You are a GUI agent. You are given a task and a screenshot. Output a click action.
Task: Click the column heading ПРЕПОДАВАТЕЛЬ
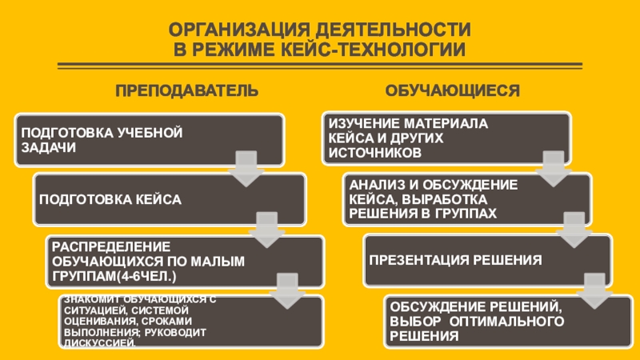point(186,90)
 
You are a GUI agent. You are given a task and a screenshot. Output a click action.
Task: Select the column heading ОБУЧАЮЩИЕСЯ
point(452,90)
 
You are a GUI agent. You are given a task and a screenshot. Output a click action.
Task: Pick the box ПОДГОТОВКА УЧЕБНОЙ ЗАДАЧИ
point(148,139)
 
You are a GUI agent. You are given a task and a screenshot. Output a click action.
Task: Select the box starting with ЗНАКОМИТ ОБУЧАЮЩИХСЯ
point(192,322)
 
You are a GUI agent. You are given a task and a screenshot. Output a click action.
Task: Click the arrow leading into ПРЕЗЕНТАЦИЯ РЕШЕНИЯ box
point(572,228)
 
